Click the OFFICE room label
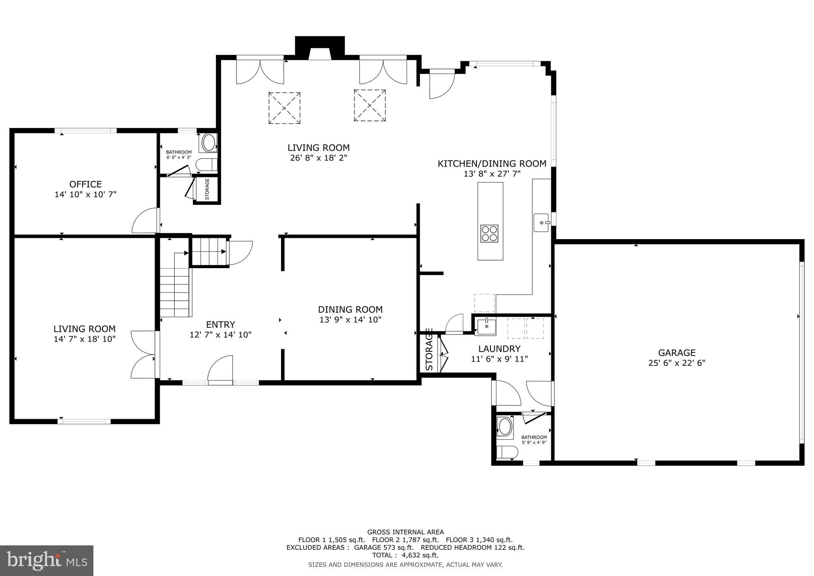85,184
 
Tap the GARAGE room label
677,352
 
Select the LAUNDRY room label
499,349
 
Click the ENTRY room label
221,325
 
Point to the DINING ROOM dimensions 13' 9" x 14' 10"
350,319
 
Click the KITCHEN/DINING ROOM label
492,163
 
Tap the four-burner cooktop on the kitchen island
490,234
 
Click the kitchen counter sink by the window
541,223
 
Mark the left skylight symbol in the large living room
284,108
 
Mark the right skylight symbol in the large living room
370,105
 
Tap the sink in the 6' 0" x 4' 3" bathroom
209,143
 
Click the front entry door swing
220,370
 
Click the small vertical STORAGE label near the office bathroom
207,190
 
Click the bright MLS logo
47,560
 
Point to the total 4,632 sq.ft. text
405,555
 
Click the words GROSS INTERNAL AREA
405,532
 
